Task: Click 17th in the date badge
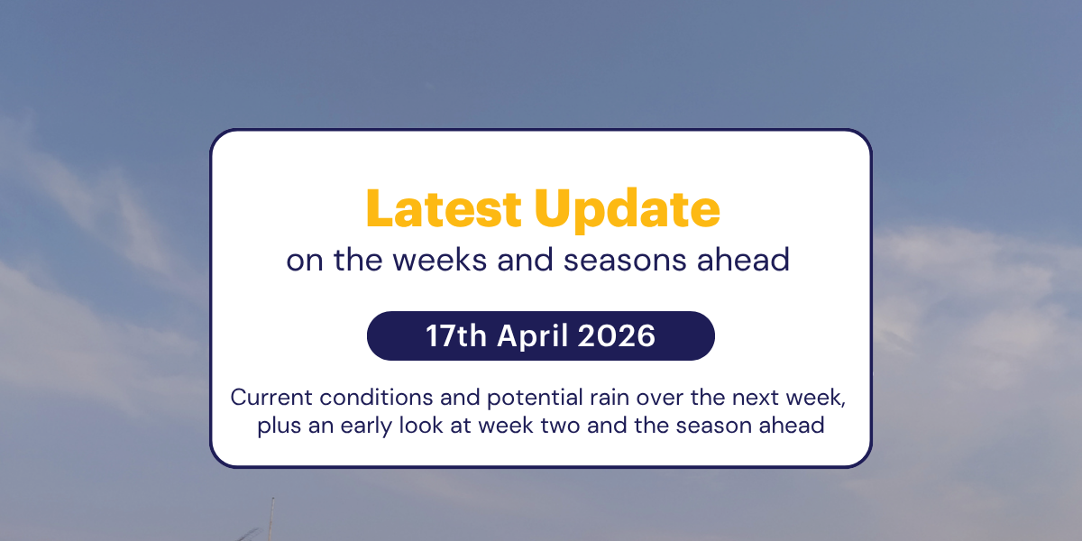[455, 336]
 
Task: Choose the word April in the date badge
[534, 336]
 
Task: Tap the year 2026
[618, 336]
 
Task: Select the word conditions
[357, 398]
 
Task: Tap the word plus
[279, 425]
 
